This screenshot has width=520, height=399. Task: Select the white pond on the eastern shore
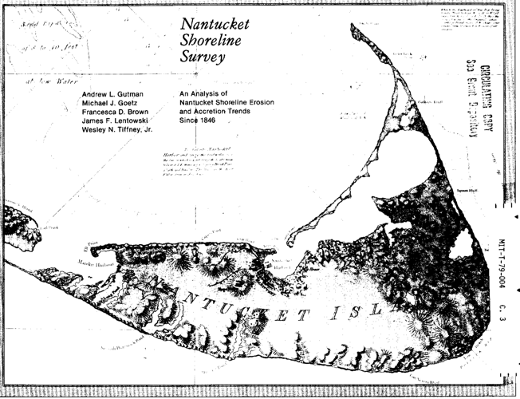(462, 248)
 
